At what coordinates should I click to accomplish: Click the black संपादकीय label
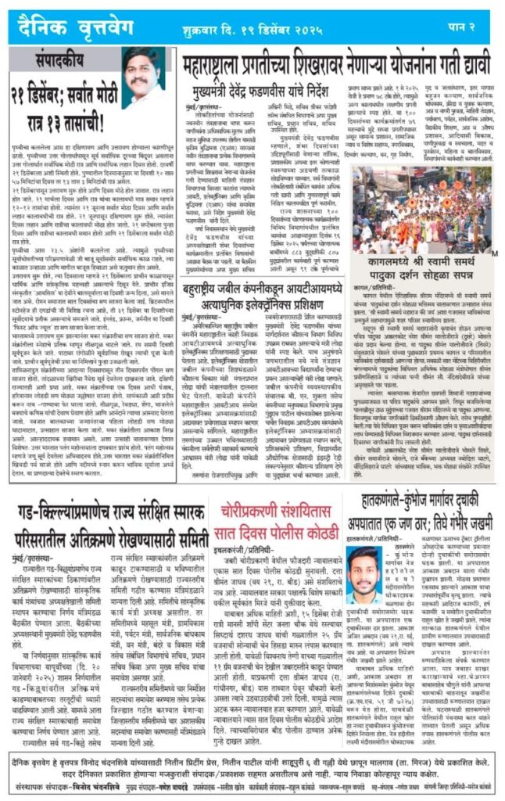[66, 59]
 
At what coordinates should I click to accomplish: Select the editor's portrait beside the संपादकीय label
[143, 77]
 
